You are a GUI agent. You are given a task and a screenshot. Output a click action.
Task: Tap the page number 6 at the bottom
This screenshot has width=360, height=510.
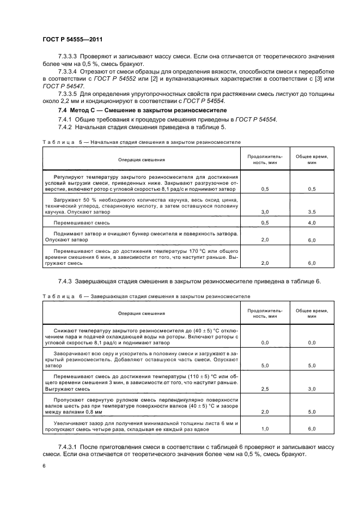tap(44, 466)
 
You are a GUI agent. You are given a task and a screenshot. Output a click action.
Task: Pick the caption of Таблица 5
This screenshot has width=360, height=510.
tap(142, 141)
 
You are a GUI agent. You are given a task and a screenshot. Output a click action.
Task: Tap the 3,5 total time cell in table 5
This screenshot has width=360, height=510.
tap(312, 211)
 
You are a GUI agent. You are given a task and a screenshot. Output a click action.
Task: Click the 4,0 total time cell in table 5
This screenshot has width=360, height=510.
tap(312, 223)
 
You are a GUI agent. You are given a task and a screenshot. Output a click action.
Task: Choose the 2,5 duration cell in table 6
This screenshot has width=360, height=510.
tap(265, 389)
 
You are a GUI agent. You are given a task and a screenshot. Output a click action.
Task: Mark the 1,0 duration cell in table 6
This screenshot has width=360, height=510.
tap(265, 429)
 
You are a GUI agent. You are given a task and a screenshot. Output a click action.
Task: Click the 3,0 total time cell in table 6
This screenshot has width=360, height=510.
tap(312, 389)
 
